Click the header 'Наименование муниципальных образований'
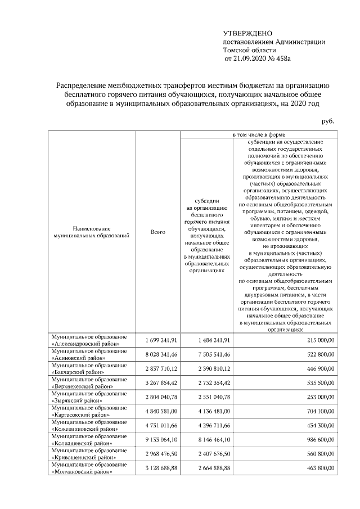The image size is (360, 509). (87, 232)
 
